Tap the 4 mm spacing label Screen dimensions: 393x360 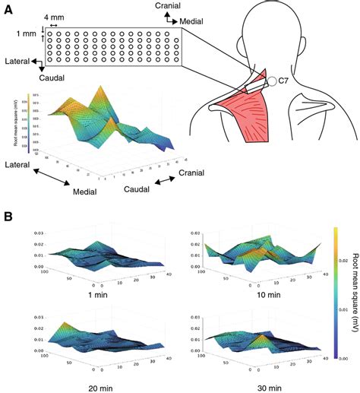(54, 15)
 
